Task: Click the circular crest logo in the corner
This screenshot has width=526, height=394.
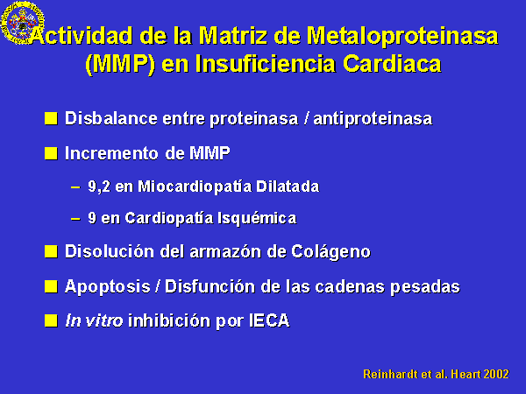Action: click(23, 23)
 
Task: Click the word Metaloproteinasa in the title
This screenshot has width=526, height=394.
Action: click(402, 36)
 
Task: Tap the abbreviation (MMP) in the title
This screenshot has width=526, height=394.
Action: click(120, 64)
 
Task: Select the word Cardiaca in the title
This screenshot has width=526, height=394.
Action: click(392, 63)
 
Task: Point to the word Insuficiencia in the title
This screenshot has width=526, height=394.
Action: click(265, 63)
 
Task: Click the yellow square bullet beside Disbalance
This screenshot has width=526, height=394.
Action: click(51, 118)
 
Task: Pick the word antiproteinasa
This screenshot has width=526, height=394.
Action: click(373, 119)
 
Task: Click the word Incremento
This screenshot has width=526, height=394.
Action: click(111, 153)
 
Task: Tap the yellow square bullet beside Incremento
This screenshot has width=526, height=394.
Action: click(51, 153)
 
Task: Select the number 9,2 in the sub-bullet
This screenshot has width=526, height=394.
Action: click(99, 186)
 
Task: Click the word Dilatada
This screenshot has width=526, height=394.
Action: click(288, 186)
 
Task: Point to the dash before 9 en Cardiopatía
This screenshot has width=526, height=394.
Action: click(75, 219)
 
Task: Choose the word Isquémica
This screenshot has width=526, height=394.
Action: click(257, 218)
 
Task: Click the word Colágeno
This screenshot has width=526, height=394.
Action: click(331, 251)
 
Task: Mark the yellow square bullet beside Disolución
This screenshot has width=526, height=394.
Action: click(51, 251)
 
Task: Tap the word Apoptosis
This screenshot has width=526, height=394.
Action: click(107, 287)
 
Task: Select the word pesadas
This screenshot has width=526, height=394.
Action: click(425, 287)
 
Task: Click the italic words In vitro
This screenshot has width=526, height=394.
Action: click(94, 320)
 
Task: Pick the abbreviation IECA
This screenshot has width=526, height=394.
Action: click(269, 320)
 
